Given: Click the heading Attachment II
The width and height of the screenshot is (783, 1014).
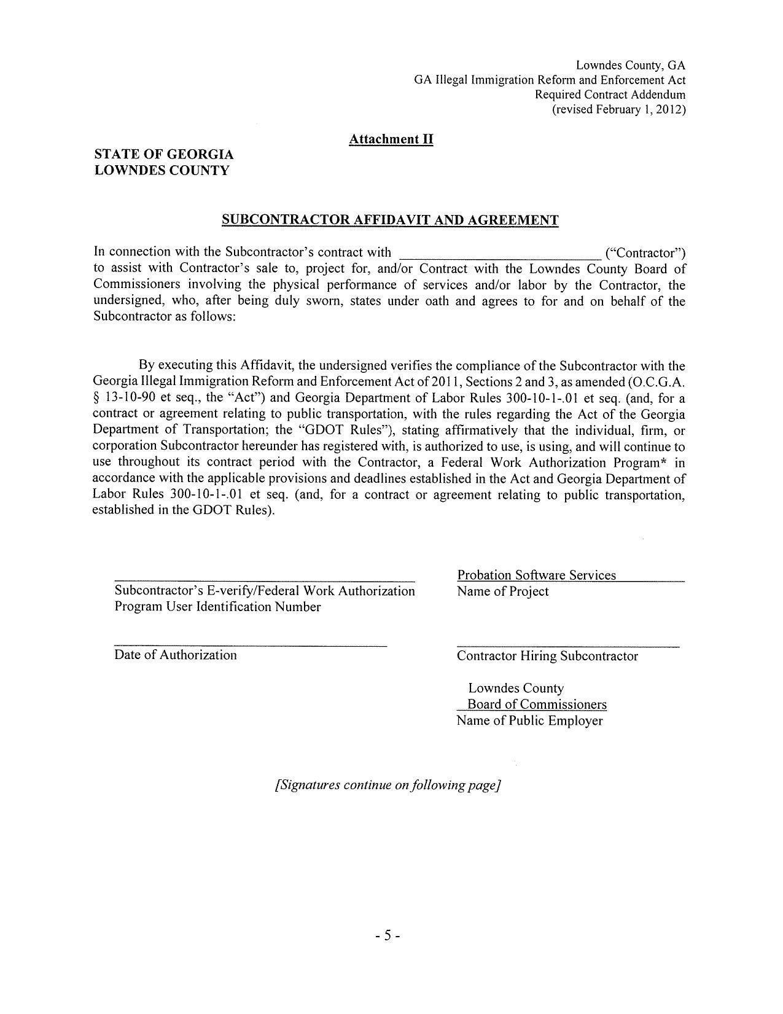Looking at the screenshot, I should point(391,139).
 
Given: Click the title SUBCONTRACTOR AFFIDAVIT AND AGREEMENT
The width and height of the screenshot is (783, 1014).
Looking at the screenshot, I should point(390,220).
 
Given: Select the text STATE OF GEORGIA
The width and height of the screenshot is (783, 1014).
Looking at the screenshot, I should point(164,154).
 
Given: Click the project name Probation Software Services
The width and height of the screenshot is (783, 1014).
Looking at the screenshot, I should point(536,575).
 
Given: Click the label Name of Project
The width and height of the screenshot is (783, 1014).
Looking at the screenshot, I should point(502,591).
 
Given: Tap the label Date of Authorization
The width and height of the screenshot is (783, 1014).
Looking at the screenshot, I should point(175,655).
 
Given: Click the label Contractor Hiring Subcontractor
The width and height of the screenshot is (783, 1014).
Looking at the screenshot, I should point(547,656).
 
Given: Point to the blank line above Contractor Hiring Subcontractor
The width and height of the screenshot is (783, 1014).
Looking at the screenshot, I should point(567,646).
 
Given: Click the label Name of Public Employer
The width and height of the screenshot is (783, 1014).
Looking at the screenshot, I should point(529,720).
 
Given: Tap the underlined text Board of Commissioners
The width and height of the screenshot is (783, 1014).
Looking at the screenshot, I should point(537,704).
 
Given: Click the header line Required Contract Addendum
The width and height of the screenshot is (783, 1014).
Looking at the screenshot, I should point(610,95).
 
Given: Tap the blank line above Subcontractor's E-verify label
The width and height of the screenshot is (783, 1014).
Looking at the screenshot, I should point(264,580).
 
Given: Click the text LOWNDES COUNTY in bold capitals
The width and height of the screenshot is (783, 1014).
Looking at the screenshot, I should point(162,171).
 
